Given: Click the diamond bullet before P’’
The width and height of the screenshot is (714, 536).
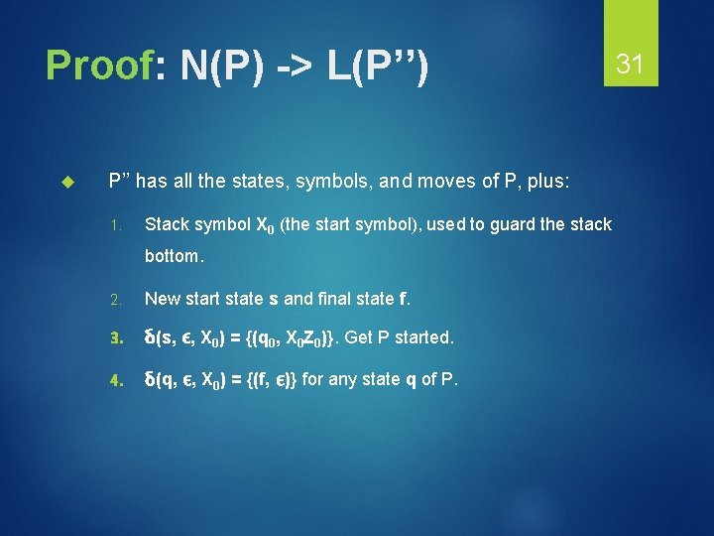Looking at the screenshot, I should coord(68,183).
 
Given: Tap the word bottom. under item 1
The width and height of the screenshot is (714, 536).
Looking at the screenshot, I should coord(175,256).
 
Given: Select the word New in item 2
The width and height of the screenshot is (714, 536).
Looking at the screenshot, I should coord(162,298).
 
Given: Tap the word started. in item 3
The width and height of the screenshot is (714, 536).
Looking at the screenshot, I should coord(423,337).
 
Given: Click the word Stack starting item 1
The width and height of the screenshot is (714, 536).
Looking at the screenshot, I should coord(167,224).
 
